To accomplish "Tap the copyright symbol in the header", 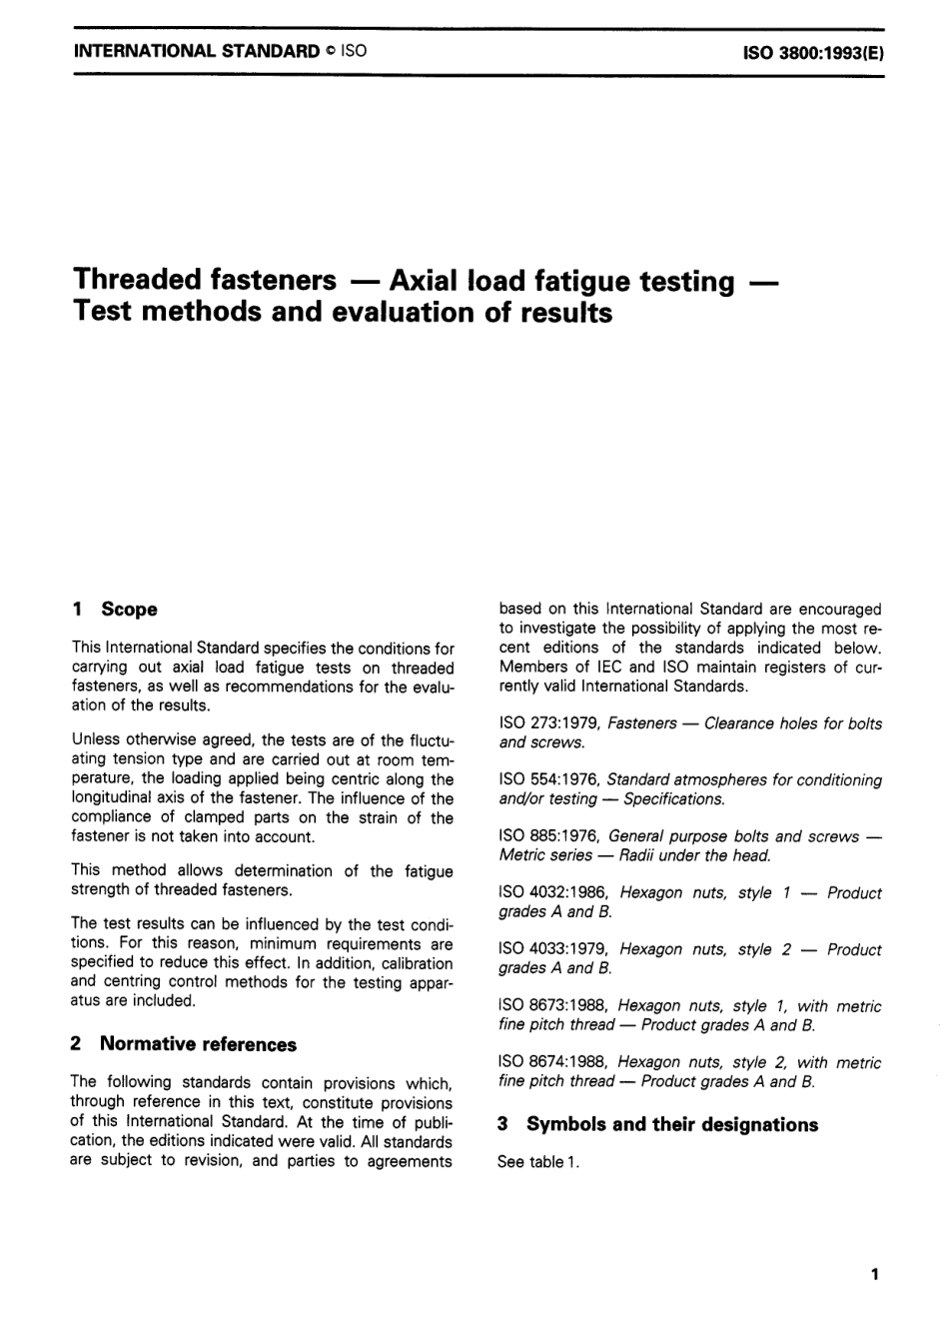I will pyautogui.click(x=330, y=49).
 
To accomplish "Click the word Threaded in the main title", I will pyautogui.click(x=139, y=280).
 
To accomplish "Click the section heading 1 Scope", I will pyautogui.click(x=115, y=610).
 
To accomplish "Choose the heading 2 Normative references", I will pyautogui.click(x=184, y=1045).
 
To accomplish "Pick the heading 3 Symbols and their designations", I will pyautogui.click(x=657, y=1125).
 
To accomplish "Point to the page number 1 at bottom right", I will pyautogui.click(x=875, y=1273).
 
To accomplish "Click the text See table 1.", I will pyautogui.click(x=538, y=1163).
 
